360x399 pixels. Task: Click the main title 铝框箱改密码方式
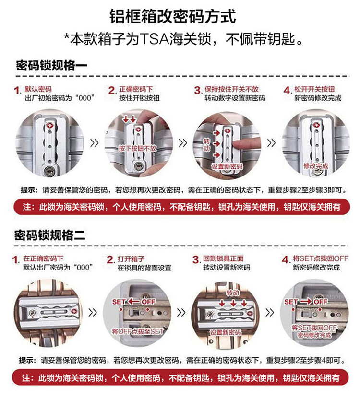click(x=172, y=16)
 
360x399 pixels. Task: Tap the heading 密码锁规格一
click(x=52, y=66)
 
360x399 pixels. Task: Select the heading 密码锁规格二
click(x=50, y=235)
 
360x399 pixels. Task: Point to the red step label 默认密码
click(x=38, y=89)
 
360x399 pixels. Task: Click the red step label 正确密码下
click(x=136, y=89)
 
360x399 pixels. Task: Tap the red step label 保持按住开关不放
click(x=231, y=89)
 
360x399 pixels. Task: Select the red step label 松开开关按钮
click(x=314, y=89)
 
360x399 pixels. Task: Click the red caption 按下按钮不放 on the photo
click(x=137, y=148)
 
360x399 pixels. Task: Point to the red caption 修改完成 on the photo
click(x=316, y=166)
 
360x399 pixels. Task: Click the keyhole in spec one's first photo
click(x=48, y=170)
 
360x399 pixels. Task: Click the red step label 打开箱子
click(x=131, y=259)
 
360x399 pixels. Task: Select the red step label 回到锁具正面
click(x=223, y=258)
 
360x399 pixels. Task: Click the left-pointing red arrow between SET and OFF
click(x=133, y=302)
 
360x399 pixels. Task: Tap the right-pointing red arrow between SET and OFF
click(x=306, y=302)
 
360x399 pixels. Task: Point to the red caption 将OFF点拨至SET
click(x=138, y=331)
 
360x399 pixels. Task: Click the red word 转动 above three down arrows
click(x=233, y=293)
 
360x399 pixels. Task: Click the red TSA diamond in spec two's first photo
click(x=75, y=311)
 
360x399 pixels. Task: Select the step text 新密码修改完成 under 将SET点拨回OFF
click(x=316, y=268)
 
